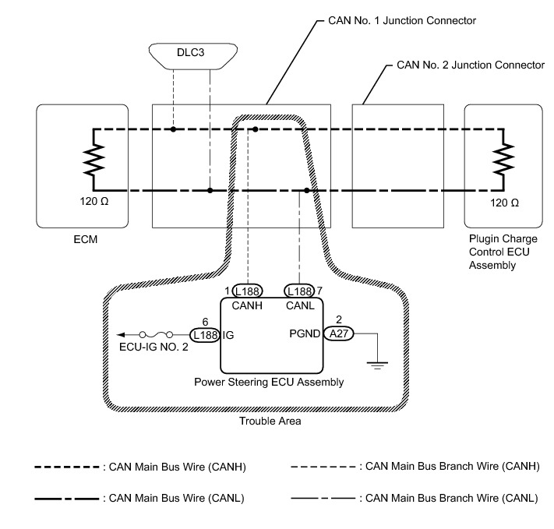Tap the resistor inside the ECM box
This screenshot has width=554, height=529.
coord(94,159)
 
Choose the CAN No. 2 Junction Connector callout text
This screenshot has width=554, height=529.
coord(471,65)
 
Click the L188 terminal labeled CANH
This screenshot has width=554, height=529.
coord(248,290)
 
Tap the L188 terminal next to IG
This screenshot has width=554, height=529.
coord(206,335)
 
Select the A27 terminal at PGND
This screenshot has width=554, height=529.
coord(339,335)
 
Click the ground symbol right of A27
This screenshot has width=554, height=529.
coord(378,363)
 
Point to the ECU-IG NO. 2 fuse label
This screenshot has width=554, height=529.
coord(153,348)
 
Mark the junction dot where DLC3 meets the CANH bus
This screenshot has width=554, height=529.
coord(174,128)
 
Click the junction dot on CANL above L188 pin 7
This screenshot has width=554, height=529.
coord(307,190)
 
